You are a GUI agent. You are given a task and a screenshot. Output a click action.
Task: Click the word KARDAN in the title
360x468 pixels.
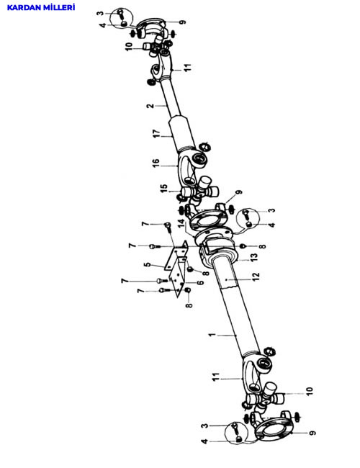click(24, 7)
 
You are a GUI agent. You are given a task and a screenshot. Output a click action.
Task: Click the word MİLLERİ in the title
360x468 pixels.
click(59, 7)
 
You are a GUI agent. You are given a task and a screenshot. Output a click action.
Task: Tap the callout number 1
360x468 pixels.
click(212, 335)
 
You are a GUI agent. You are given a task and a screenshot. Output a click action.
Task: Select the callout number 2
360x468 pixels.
click(151, 106)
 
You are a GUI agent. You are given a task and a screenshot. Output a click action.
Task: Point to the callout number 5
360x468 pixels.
click(148, 264)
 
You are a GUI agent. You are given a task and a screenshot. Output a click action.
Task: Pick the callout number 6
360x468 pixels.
click(201, 282)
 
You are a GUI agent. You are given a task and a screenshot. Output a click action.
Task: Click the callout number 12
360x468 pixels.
click(256, 276)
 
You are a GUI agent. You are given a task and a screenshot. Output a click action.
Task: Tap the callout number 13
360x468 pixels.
click(253, 256)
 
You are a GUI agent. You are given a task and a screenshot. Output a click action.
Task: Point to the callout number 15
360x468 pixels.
click(164, 189)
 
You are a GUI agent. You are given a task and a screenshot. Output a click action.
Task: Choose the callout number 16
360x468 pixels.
click(156, 163)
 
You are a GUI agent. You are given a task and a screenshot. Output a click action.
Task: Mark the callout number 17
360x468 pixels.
click(156, 134)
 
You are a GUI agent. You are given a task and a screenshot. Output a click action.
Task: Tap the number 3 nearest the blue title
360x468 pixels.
click(101, 14)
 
